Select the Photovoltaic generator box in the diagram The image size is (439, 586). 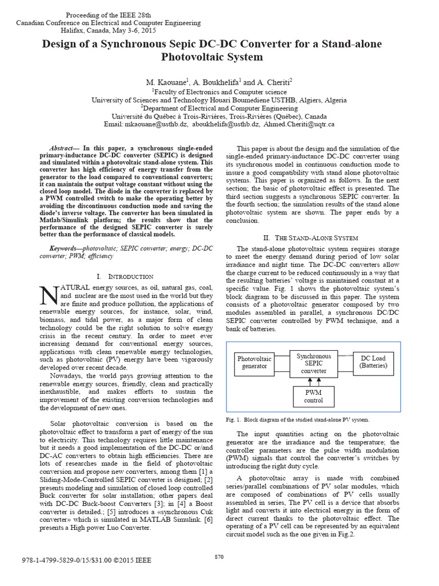click(254, 362)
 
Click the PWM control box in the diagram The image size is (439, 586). click(313, 396)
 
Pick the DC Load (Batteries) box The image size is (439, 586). click(373, 362)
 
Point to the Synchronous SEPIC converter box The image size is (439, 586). click(313, 363)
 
